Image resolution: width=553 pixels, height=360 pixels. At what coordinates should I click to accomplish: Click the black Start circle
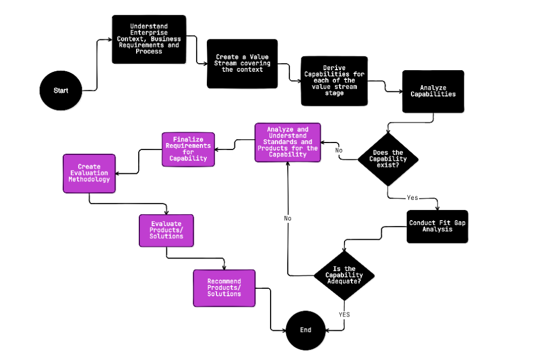pos(61,90)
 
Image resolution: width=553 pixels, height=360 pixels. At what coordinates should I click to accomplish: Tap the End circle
pos(306,330)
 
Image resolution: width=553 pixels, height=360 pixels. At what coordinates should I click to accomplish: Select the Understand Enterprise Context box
pos(149,39)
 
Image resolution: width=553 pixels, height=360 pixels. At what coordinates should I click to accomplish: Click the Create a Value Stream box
pos(242,63)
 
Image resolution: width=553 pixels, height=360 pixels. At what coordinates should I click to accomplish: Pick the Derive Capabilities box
pos(334,81)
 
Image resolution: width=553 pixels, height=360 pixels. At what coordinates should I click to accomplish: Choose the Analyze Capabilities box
pos(433,91)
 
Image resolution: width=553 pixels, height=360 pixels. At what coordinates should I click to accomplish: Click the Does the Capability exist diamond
pos(388,159)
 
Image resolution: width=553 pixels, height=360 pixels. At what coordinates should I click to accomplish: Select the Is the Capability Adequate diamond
pos(344,275)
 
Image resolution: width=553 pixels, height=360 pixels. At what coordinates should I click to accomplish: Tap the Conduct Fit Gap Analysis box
pos(437,226)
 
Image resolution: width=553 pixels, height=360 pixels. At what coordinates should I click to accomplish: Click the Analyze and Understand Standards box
pos(288,142)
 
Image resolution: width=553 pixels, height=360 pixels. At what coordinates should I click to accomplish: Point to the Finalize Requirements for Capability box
pos(188,150)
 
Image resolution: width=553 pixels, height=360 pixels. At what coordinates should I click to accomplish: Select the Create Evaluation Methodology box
pos(89,173)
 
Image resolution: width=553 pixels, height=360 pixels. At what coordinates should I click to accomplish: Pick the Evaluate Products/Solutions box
pos(166,230)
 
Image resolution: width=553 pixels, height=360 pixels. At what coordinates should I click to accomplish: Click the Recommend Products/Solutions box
pos(224,288)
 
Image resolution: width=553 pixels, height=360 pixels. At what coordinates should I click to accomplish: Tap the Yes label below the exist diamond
pos(413,198)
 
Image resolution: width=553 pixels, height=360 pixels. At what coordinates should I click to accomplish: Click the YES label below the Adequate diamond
pos(345,314)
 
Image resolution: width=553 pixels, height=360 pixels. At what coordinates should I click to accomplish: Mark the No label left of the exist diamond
pos(339,150)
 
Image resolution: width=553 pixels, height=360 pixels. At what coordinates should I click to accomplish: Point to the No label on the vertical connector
pos(288,219)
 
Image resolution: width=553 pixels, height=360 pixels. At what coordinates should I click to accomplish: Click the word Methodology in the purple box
pos(89,179)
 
